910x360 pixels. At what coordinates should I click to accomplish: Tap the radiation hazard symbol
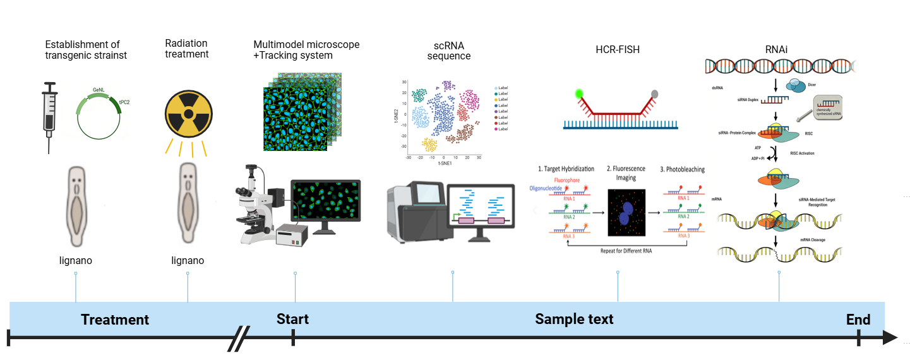pyautogui.click(x=188, y=116)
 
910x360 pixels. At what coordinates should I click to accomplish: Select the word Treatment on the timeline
pyautogui.click(x=115, y=320)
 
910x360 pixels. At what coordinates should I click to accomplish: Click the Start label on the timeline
pyautogui.click(x=292, y=318)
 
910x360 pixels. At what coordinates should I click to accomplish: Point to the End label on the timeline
pyautogui.click(x=858, y=319)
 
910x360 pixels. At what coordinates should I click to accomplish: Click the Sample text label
pyautogui.click(x=574, y=319)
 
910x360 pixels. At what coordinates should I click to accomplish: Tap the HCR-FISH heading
pyautogui.click(x=617, y=50)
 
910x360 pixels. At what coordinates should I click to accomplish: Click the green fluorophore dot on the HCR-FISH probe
pyautogui.click(x=579, y=95)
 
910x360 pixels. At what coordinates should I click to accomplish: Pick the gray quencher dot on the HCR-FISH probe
pyautogui.click(x=654, y=95)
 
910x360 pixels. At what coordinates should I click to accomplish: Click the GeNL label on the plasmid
pyautogui.click(x=99, y=91)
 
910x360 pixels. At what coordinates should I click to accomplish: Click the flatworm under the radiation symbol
pyautogui.click(x=188, y=202)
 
